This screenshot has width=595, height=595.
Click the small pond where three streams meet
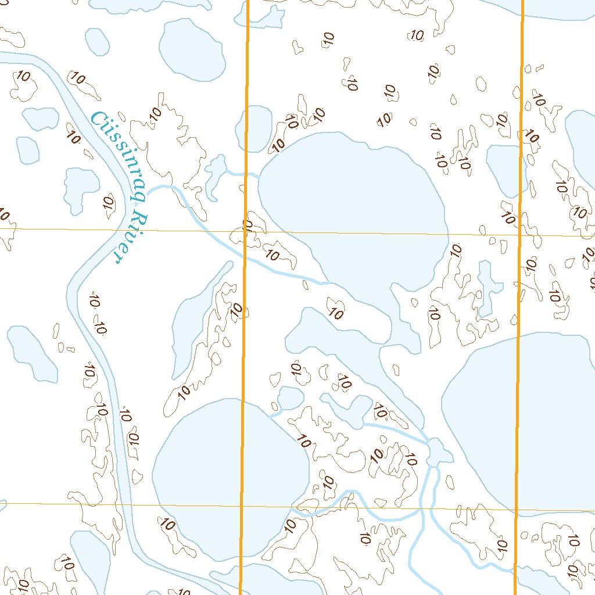click(436, 451)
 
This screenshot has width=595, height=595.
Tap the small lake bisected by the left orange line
click(254, 128)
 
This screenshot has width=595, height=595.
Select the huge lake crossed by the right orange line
click(523, 418)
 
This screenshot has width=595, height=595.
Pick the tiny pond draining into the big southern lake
click(289, 398)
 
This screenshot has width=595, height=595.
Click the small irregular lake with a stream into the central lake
click(215, 171)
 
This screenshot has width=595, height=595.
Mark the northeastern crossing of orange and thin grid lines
click(519, 236)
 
